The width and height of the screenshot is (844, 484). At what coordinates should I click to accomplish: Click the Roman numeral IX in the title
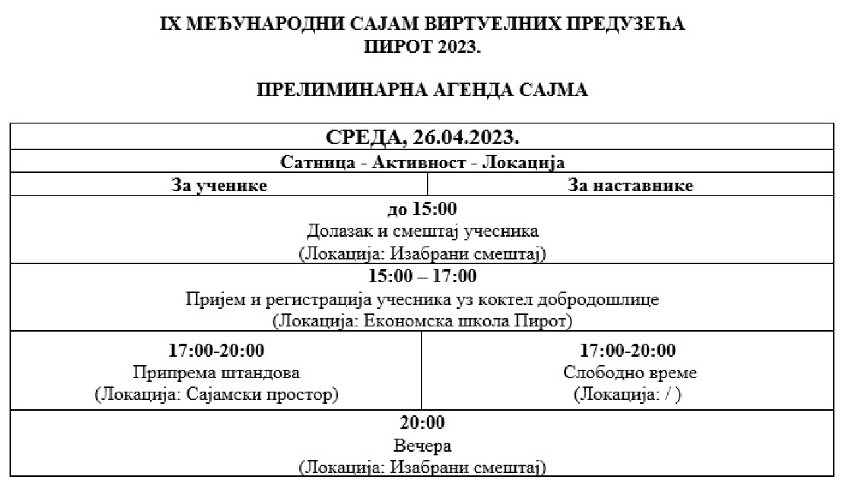tap(170, 24)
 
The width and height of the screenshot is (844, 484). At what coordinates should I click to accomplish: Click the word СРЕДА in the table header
tap(366, 138)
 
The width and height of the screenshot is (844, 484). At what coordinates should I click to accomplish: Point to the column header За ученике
tap(220, 185)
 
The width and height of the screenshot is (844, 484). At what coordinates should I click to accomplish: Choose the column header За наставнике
tap(630, 185)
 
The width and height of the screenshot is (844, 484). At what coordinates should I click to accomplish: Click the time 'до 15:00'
tap(422, 208)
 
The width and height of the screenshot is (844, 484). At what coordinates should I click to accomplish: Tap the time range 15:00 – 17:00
tap(422, 276)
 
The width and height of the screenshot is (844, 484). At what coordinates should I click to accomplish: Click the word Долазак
tap(339, 231)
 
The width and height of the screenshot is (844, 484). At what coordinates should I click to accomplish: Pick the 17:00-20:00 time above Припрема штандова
tap(216, 350)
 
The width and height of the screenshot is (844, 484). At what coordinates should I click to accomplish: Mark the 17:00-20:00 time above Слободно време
tap(627, 350)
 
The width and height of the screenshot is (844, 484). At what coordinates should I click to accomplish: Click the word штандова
tap(260, 373)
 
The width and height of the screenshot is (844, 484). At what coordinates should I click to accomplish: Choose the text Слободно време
tap(630, 373)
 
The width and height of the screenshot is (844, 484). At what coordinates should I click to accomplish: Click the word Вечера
tap(423, 446)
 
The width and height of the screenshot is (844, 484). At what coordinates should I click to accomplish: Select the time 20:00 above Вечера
tap(422, 423)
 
